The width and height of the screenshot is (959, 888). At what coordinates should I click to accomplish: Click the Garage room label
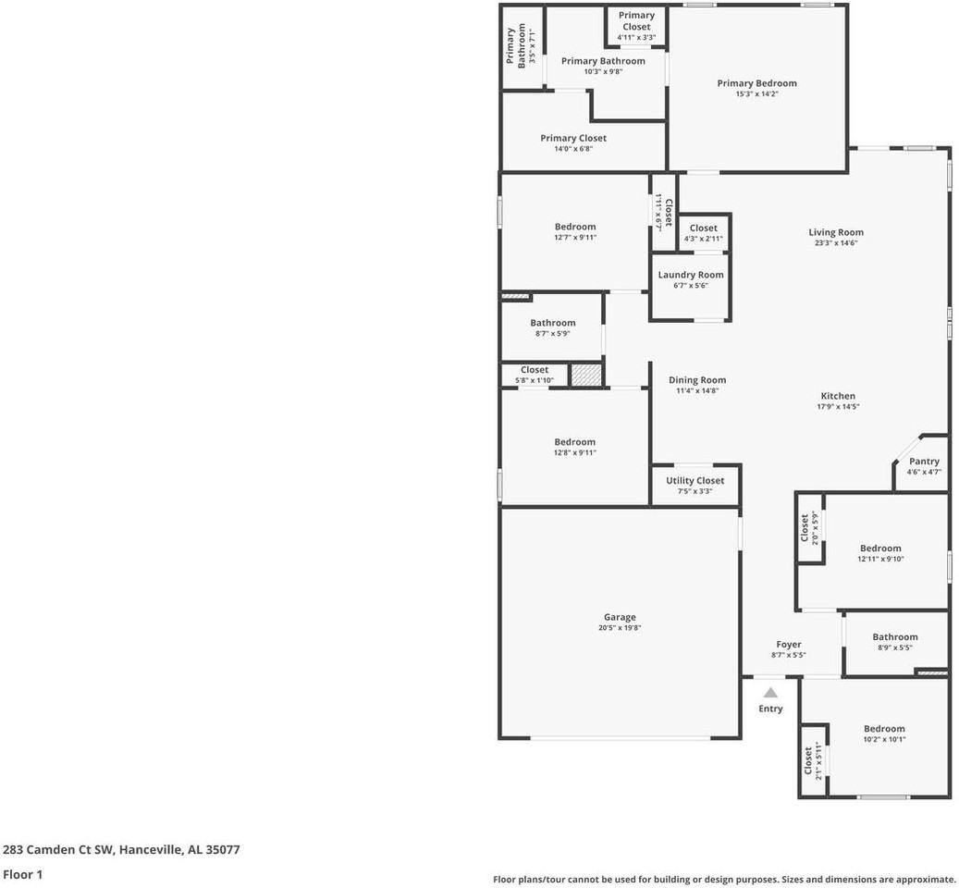620,617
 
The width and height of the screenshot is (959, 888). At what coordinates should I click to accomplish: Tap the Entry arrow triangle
770,692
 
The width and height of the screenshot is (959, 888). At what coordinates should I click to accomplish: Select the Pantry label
924,461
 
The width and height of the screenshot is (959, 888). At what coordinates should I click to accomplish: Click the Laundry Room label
691,275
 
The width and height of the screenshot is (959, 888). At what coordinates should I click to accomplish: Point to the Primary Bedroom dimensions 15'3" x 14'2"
756,94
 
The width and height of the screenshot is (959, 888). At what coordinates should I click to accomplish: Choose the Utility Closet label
695,480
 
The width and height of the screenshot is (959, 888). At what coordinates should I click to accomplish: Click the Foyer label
789,644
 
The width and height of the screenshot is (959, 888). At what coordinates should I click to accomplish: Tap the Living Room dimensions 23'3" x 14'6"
836,243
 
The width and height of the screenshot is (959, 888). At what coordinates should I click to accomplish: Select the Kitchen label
838,396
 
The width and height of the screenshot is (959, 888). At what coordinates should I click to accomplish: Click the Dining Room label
697,379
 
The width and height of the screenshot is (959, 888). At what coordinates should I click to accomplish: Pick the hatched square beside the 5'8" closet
584,375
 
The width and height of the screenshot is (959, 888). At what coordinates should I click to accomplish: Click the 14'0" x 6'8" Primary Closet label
573,138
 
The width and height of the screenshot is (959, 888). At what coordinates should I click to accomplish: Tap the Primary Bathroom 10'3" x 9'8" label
603,61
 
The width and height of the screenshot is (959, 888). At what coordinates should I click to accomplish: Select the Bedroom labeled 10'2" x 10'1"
884,728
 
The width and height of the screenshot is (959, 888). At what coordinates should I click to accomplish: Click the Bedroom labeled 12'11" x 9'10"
879,548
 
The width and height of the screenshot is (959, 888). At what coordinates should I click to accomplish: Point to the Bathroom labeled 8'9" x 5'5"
895,636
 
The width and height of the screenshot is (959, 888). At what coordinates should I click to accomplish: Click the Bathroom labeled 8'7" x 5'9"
553,323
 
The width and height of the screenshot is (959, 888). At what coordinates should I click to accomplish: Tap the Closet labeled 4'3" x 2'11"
703,228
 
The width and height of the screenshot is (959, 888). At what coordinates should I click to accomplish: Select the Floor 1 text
23,874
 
